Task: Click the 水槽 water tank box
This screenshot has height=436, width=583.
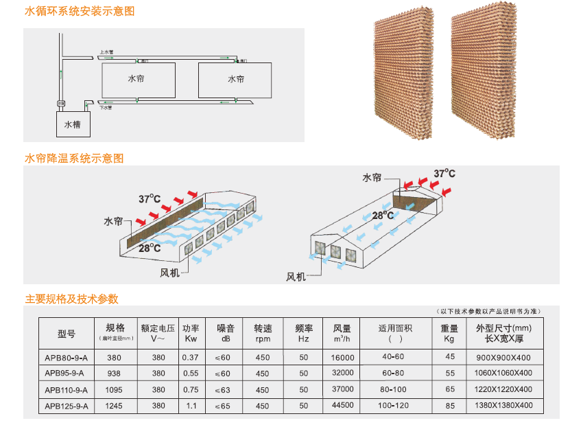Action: coord(72,125)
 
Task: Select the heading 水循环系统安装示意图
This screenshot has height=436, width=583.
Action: coord(80,11)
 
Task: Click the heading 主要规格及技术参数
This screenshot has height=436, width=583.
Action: coord(71,299)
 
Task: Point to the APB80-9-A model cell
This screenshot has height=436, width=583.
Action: coord(67,356)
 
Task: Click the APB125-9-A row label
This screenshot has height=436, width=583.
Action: coord(67,406)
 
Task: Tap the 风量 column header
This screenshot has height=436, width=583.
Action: coord(342,333)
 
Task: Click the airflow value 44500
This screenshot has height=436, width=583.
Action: coord(342,405)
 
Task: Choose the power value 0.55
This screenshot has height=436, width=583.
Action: coord(191,373)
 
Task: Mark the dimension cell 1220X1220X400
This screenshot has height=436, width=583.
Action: coord(503,389)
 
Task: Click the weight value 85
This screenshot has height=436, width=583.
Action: coord(450,406)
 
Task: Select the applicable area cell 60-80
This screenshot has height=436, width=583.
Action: coord(394,373)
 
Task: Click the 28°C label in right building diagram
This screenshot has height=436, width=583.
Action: coord(383,215)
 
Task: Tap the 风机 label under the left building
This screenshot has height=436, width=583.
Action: coord(169,272)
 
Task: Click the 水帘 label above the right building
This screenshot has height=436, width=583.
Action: coord(372,177)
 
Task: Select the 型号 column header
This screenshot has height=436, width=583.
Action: coord(67,334)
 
